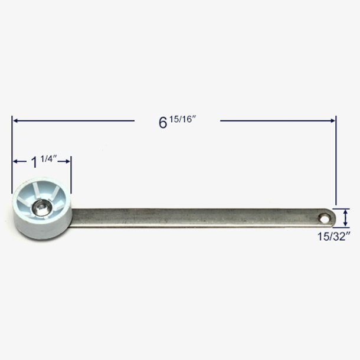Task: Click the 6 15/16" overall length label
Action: coord(177,122)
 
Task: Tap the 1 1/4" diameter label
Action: coord(44,161)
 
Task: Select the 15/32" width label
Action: coord(334,236)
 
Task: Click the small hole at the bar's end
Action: coord(325,218)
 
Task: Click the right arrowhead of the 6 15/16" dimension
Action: coord(332,120)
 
